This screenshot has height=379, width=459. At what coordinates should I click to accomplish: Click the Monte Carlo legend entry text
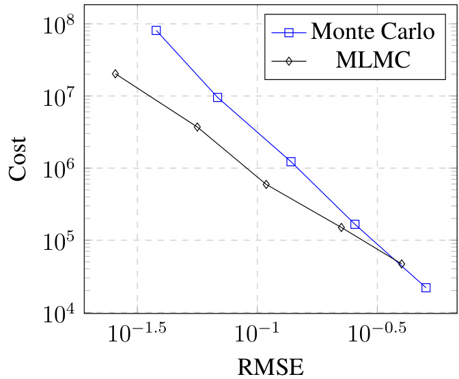coord(373,31)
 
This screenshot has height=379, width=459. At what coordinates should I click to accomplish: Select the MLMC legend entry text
coord(373,61)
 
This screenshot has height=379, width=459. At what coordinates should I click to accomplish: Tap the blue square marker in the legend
coord(288,31)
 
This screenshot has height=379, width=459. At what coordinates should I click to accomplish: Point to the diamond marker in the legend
coord(288,61)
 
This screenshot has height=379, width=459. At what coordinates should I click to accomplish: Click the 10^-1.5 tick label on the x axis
coord(137,334)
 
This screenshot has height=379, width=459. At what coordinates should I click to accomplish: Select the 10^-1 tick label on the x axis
coord(257,334)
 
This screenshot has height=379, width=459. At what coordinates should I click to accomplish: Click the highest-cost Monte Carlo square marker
coord(156,30)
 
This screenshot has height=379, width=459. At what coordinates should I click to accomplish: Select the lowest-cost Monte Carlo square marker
coord(426,287)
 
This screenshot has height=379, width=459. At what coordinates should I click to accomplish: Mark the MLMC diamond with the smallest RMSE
coord(115,74)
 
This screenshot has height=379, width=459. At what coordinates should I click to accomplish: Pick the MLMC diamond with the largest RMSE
coord(402,264)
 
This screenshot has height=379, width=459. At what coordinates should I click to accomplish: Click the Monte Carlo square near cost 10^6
coord(291,162)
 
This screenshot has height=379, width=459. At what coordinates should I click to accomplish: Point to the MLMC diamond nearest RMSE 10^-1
coord(266,184)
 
